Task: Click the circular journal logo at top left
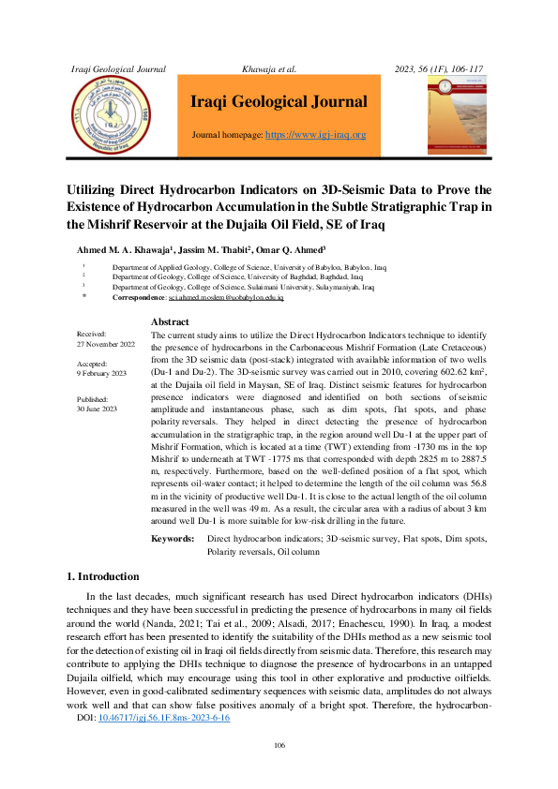113,117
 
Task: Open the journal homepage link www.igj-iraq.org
316,135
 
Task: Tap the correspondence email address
225,296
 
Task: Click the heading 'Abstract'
170,322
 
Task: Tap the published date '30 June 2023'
98,409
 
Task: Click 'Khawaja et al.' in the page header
269,69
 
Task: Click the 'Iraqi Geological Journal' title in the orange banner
279,102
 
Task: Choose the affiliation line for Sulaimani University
243,287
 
